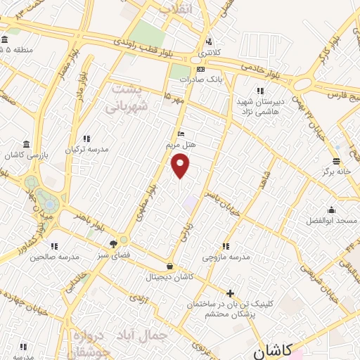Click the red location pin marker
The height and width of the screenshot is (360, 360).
tap(181, 165)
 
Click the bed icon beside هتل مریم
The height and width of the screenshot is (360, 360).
tap(181, 134)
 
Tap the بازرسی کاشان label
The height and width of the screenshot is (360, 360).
tap(26, 155)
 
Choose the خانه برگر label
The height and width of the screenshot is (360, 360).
tap(337, 171)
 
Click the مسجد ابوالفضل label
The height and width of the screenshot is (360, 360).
tap(331, 220)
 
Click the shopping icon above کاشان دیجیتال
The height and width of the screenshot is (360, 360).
tap(171, 266)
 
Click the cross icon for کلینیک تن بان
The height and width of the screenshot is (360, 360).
tap(230, 293)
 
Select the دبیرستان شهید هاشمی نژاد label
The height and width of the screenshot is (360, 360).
tap(259, 106)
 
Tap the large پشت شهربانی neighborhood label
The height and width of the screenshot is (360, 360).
tap(126, 99)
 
